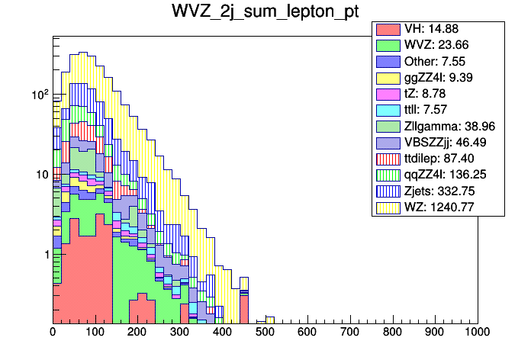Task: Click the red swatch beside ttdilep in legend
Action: coord(388,159)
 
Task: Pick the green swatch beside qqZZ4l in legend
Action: coord(388,175)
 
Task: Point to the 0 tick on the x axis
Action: coord(53,332)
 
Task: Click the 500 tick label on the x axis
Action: coord(265,332)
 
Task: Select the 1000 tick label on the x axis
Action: coord(475,332)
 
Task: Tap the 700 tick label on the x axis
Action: coord(350,332)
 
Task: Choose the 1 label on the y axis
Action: coord(45,254)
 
